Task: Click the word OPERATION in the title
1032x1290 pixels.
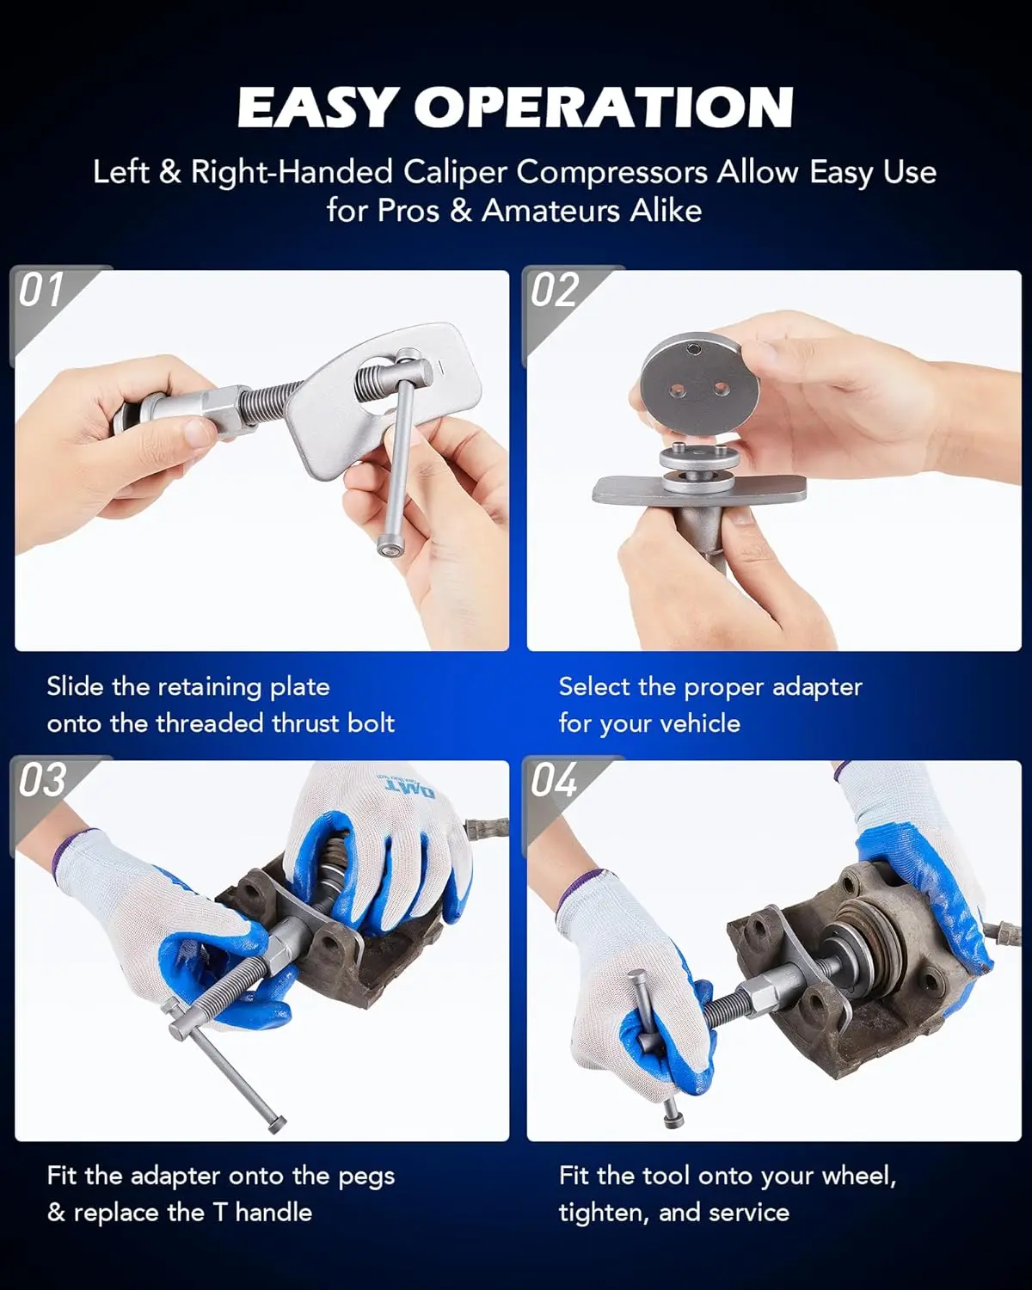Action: (x=604, y=107)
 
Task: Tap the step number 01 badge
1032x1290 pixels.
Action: (x=40, y=290)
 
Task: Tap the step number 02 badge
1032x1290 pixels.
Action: (x=555, y=290)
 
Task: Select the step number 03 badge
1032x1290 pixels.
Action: (x=41, y=780)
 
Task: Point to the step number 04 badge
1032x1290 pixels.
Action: (x=555, y=780)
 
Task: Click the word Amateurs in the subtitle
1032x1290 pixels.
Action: (x=551, y=211)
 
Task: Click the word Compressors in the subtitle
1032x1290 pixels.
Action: (x=611, y=173)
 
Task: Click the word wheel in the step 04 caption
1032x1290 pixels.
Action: (x=858, y=1176)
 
